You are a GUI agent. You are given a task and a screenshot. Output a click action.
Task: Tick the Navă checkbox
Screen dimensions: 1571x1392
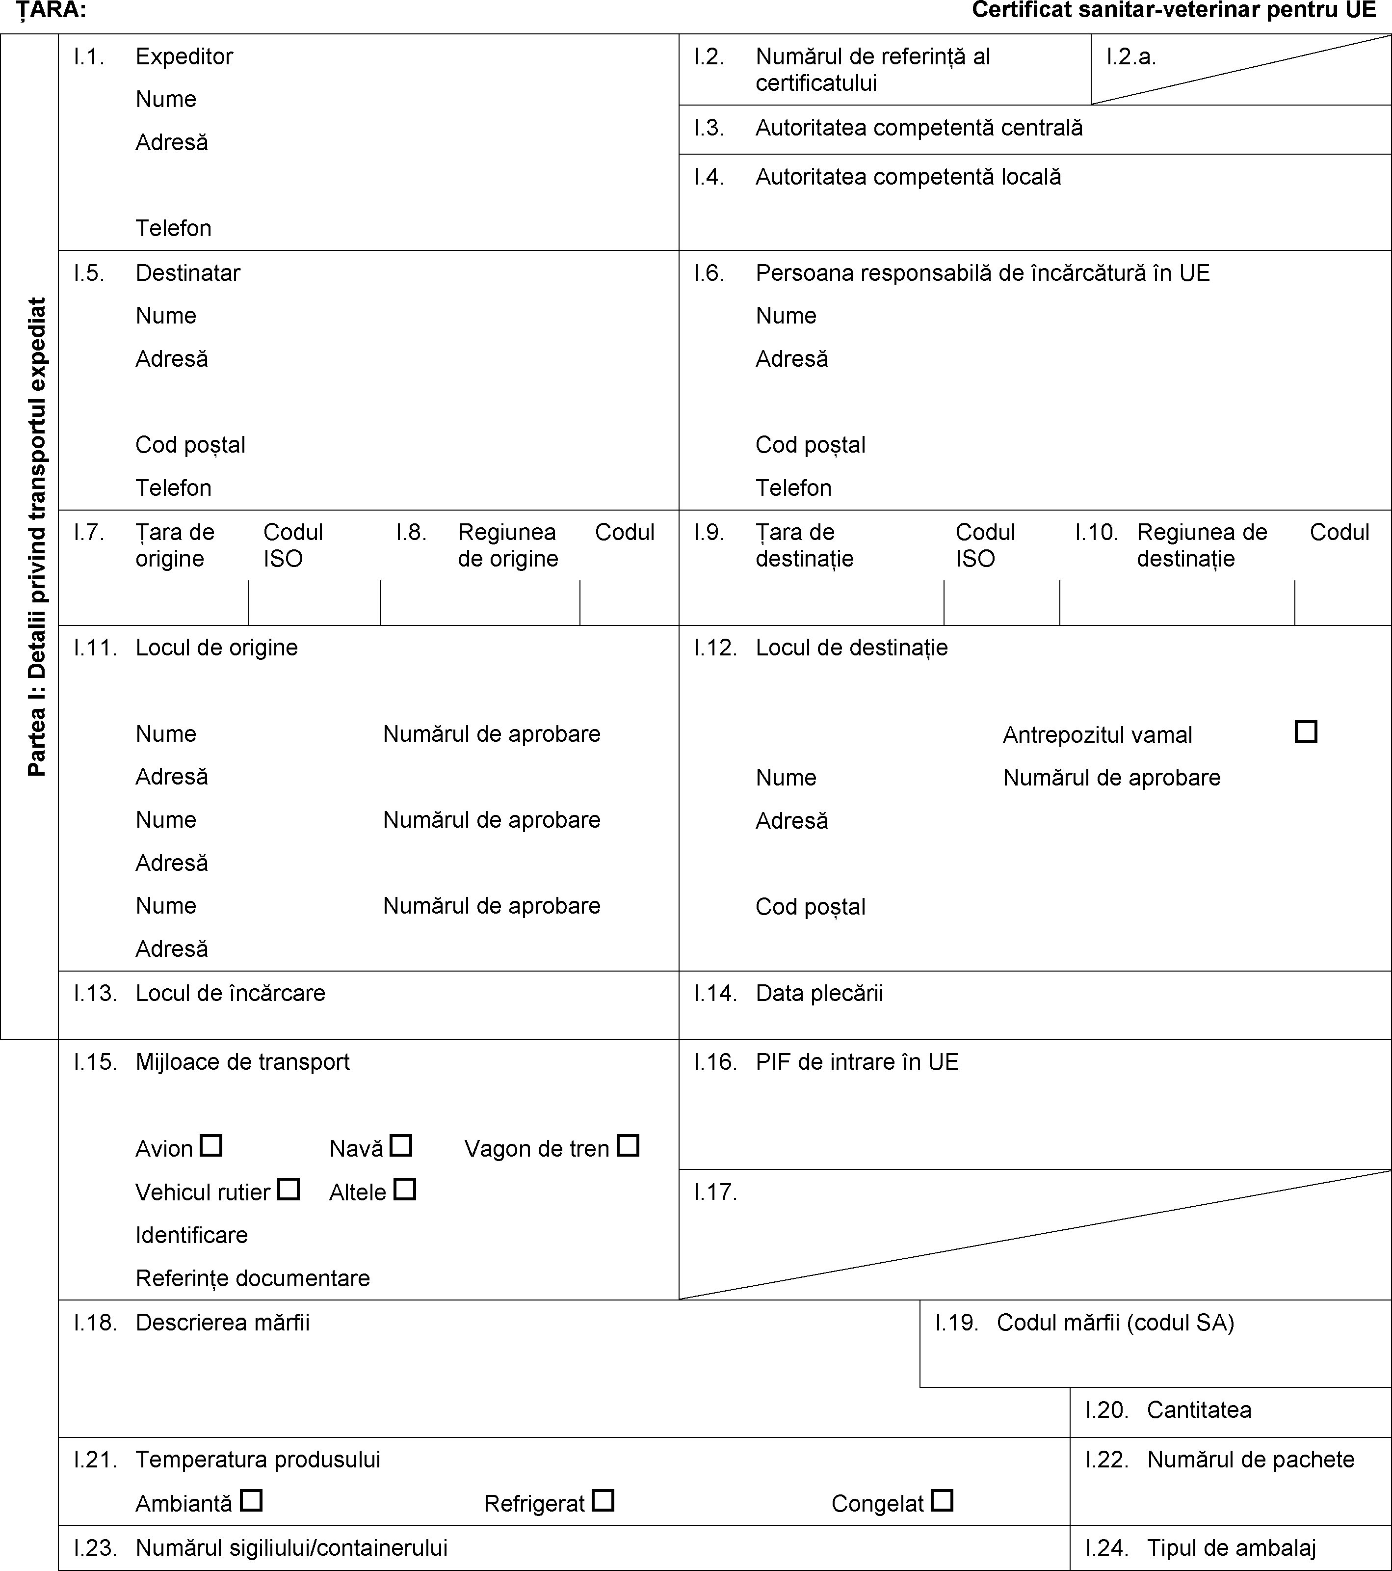point(401,1146)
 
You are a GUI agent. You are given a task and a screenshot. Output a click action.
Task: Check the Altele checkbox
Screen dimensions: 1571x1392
point(405,1190)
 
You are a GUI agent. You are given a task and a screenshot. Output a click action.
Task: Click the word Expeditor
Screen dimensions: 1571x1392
point(184,56)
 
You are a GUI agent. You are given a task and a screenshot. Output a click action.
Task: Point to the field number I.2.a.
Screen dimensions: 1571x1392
point(1131,56)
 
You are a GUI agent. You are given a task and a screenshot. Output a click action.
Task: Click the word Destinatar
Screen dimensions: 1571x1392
point(188,273)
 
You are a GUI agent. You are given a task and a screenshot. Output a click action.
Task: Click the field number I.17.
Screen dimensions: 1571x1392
point(715,1192)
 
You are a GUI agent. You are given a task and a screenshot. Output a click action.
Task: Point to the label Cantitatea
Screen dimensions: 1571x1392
point(1199,1409)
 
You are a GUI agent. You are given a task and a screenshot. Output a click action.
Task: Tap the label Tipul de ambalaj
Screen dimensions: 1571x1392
point(1232,1547)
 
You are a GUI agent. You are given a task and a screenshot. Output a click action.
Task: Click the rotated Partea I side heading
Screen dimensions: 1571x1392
point(36,537)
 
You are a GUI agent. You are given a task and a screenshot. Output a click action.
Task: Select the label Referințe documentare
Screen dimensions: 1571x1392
point(253,1278)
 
